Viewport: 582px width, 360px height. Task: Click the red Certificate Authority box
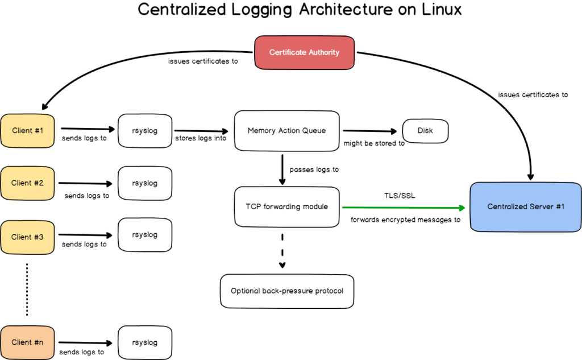[x=304, y=52]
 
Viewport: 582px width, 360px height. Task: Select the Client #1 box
[x=27, y=131]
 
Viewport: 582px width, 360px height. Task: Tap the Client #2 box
[x=27, y=183]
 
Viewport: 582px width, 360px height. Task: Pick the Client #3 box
[x=27, y=237]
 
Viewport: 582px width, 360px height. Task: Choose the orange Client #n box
[x=27, y=342]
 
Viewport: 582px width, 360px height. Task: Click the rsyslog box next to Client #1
[x=144, y=131]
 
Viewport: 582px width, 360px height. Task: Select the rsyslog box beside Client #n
[x=144, y=342]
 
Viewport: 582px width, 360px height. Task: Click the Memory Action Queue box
[x=286, y=131]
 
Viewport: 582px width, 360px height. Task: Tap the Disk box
[x=425, y=131]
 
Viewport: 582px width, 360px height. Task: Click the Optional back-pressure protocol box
[x=286, y=291]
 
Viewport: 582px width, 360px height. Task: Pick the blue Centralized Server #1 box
[x=526, y=206]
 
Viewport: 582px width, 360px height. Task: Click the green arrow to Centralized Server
[x=406, y=207]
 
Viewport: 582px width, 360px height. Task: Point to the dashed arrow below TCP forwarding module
[x=282, y=250]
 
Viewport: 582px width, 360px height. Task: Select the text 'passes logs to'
[x=314, y=169]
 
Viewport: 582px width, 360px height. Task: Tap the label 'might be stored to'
[x=374, y=143]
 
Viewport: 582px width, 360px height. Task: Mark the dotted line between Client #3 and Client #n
[x=27, y=288]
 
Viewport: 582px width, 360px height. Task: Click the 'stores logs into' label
[x=200, y=139]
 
